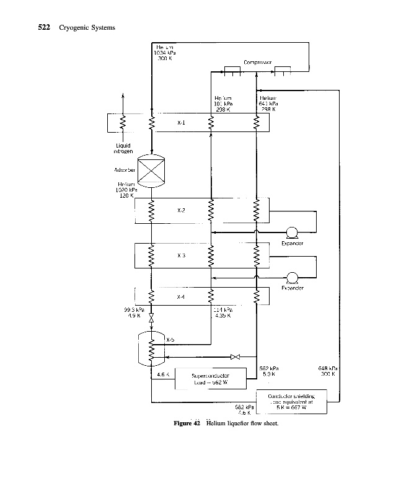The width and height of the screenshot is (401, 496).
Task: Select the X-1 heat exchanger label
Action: click(180, 122)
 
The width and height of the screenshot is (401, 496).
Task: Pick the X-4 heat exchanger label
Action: click(180, 297)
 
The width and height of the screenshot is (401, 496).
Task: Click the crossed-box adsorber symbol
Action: click(152, 169)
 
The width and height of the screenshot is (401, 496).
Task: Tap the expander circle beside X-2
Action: click(293, 233)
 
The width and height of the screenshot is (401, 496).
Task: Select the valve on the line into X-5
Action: click(235, 357)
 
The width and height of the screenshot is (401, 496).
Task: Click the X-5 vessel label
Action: click(170, 339)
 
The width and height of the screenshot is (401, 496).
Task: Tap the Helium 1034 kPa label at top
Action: click(164, 53)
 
